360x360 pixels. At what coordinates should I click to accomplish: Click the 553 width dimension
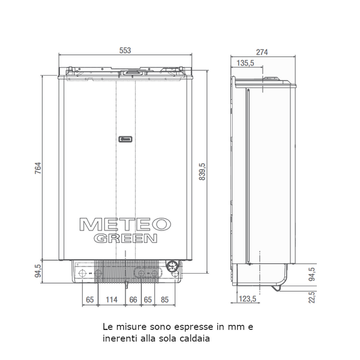125,50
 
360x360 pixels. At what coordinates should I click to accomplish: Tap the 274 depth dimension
262,52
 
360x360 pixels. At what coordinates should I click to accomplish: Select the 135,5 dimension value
245,63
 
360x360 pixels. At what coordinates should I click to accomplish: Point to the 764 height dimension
38,168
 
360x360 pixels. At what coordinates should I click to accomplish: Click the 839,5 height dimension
202,172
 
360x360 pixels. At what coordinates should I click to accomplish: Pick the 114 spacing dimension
112,299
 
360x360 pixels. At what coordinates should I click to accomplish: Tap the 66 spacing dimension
133,299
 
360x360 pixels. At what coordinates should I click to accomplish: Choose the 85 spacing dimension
164,299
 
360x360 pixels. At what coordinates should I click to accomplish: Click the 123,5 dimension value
247,299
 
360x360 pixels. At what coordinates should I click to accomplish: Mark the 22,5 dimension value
311,298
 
